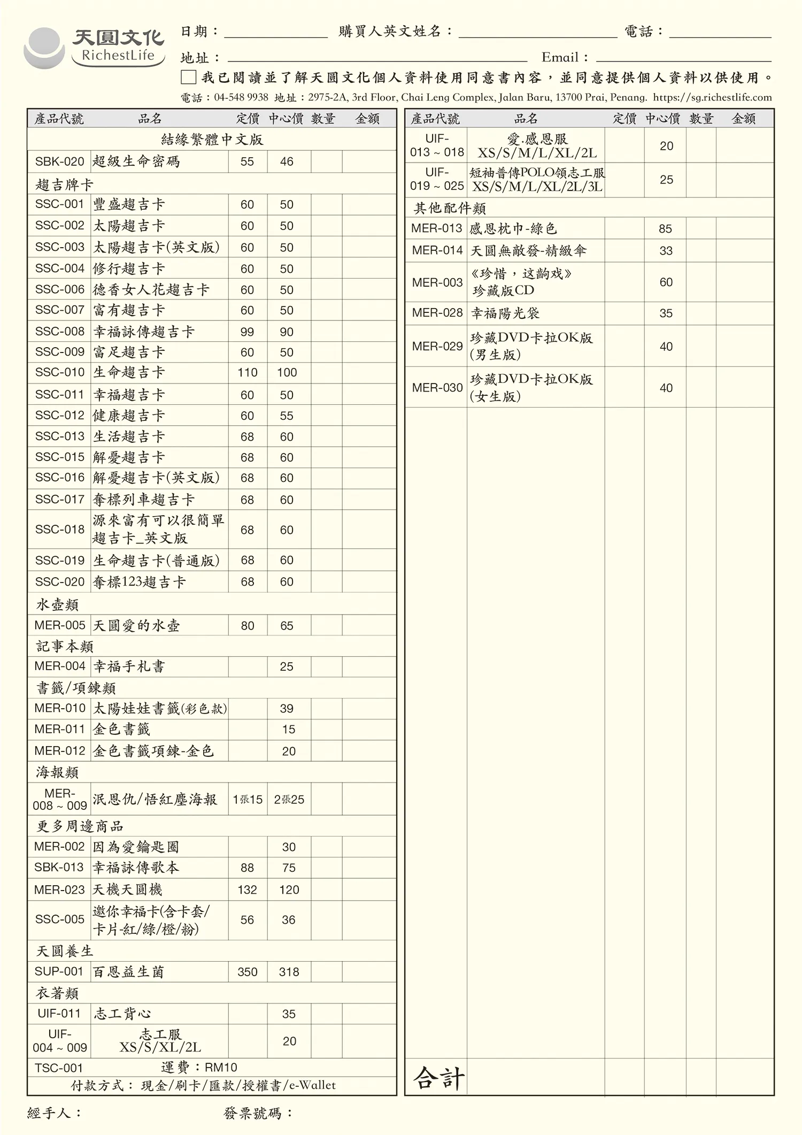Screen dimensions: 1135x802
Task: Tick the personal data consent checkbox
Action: (x=188, y=78)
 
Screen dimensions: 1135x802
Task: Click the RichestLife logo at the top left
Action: (x=95, y=48)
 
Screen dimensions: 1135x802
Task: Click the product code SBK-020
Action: (x=59, y=162)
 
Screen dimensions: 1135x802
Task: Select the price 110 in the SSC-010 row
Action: (x=247, y=373)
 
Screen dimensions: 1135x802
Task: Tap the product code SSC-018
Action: (x=59, y=530)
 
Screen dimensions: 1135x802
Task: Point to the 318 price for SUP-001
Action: (x=289, y=972)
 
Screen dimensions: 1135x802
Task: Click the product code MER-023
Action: (x=59, y=889)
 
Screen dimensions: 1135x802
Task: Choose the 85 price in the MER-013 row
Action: (x=665, y=229)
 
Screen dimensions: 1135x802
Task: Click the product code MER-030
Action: (x=437, y=388)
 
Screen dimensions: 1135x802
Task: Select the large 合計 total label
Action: (x=438, y=1078)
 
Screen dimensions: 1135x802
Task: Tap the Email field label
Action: (x=565, y=58)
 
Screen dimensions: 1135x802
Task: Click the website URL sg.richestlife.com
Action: (x=713, y=97)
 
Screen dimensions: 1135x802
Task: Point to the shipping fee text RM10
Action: (x=221, y=1068)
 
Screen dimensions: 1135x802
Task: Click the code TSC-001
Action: (x=59, y=1068)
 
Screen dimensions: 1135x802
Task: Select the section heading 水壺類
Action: (x=57, y=604)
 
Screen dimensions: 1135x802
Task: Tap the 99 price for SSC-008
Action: (x=247, y=332)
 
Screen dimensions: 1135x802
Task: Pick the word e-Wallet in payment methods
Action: (x=312, y=1085)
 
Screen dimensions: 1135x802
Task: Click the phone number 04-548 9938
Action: (x=241, y=97)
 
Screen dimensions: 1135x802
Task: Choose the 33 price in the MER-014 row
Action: (x=666, y=251)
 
